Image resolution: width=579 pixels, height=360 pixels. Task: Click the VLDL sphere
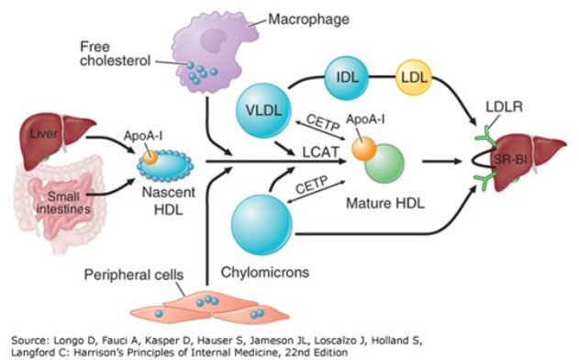[x=263, y=110]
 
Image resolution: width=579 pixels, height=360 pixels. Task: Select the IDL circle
[x=347, y=78]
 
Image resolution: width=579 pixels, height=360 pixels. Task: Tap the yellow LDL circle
[x=414, y=77]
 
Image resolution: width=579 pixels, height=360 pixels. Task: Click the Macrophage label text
[x=308, y=19]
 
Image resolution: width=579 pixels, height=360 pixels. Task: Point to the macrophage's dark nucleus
[x=213, y=39]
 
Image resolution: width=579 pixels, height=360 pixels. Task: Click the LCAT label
[x=320, y=152]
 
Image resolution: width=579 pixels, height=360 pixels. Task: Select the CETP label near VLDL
[x=323, y=122]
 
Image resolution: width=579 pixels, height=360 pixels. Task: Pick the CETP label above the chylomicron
[x=312, y=185]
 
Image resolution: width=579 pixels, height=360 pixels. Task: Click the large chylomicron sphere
[x=262, y=225]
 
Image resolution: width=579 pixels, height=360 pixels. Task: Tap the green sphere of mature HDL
[x=384, y=163]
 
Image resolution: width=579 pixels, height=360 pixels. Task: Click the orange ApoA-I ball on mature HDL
[x=363, y=149]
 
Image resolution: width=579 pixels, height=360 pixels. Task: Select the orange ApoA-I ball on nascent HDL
[x=150, y=157]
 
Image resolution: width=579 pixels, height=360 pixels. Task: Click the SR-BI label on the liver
[x=511, y=160]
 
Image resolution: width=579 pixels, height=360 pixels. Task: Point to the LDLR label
[x=504, y=107]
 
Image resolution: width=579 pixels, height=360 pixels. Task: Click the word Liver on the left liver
[x=43, y=133]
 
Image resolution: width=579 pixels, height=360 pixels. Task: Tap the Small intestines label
[x=63, y=203]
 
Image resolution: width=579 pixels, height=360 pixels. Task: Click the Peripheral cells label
[x=134, y=275]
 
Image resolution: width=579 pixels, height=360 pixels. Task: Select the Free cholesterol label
[x=116, y=53]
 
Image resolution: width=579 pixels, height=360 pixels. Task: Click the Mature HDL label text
[x=385, y=203]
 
